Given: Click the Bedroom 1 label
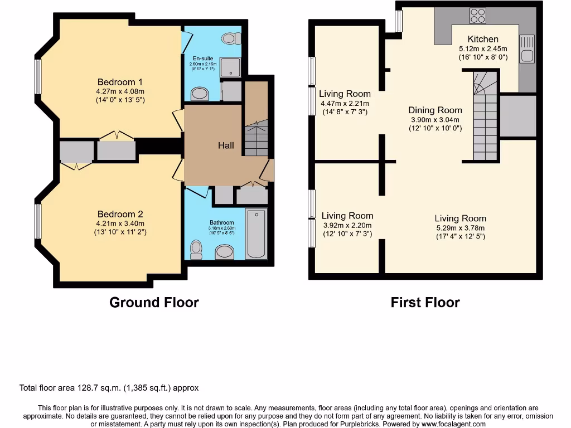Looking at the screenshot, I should (120, 82).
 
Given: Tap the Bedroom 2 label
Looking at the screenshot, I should (120, 214).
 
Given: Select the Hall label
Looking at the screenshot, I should (226, 145).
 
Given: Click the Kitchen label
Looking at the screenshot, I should (483, 39).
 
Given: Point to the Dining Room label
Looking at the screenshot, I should (435, 110).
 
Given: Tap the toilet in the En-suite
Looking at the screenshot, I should (230, 38).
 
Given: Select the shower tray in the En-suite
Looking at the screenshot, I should (230, 67).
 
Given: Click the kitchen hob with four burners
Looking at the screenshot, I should (477, 16).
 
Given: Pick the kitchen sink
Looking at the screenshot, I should (526, 49).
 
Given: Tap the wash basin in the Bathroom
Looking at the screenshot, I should (225, 252).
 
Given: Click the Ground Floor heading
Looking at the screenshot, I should (154, 303).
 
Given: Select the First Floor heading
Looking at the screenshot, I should (425, 303).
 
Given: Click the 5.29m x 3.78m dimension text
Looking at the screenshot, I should (460, 227).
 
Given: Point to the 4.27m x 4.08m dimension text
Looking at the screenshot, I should (120, 92).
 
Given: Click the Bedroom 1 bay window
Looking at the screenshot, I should (38, 76).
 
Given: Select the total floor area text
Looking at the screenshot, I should (109, 388).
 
